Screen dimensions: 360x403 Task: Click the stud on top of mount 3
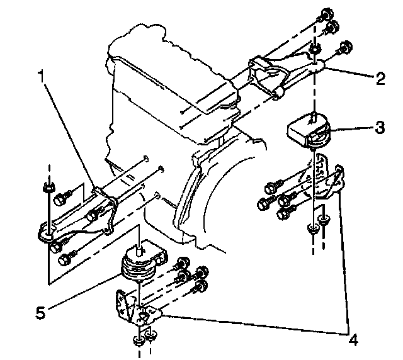(313, 115)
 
